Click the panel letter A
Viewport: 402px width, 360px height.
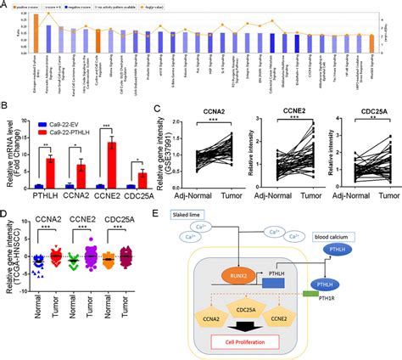5,5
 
